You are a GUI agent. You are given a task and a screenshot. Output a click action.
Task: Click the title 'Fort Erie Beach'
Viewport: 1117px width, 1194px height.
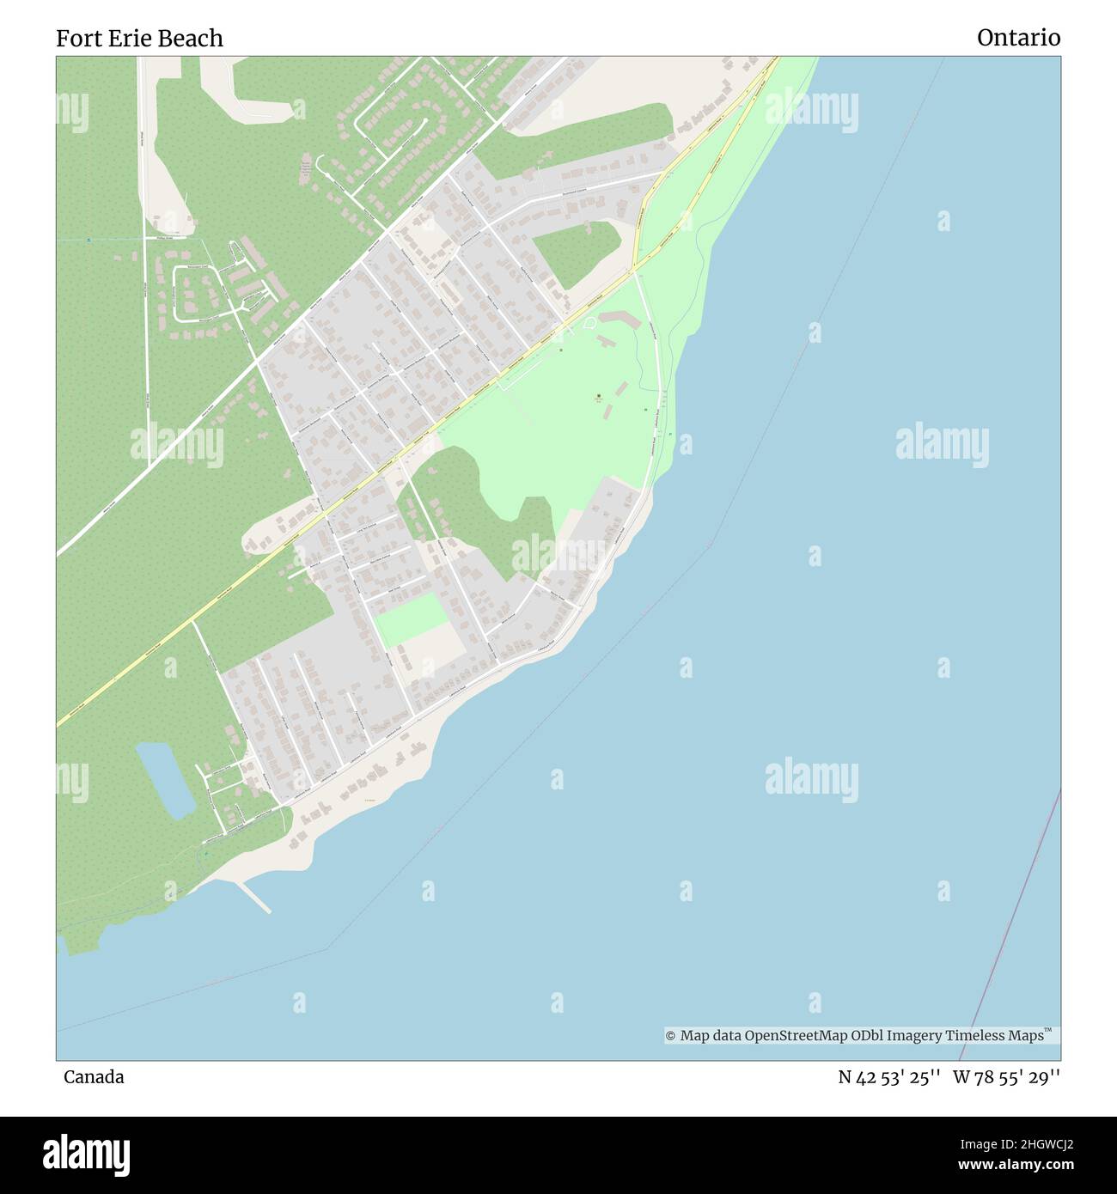click(139, 38)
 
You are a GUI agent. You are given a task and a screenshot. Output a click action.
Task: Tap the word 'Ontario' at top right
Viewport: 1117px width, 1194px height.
click(1018, 38)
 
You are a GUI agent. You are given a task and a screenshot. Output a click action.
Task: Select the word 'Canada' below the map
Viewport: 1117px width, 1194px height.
click(94, 1076)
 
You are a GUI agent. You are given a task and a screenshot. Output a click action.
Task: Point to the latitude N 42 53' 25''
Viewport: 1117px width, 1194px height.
click(889, 1077)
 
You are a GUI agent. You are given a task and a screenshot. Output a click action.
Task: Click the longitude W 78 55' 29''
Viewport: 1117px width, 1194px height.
click(1006, 1077)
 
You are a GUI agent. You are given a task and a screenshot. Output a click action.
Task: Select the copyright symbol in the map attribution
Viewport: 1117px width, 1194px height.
click(671, 1036)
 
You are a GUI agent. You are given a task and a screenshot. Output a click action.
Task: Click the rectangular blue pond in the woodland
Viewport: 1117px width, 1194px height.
click(164, 779)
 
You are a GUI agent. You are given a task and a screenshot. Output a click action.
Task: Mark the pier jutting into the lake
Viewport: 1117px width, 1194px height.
click(255, 897)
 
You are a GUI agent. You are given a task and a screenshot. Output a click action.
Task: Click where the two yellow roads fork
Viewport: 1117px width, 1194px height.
click(635, 269)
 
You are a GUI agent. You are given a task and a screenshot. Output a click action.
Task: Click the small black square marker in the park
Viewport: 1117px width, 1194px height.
click(599, 396)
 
